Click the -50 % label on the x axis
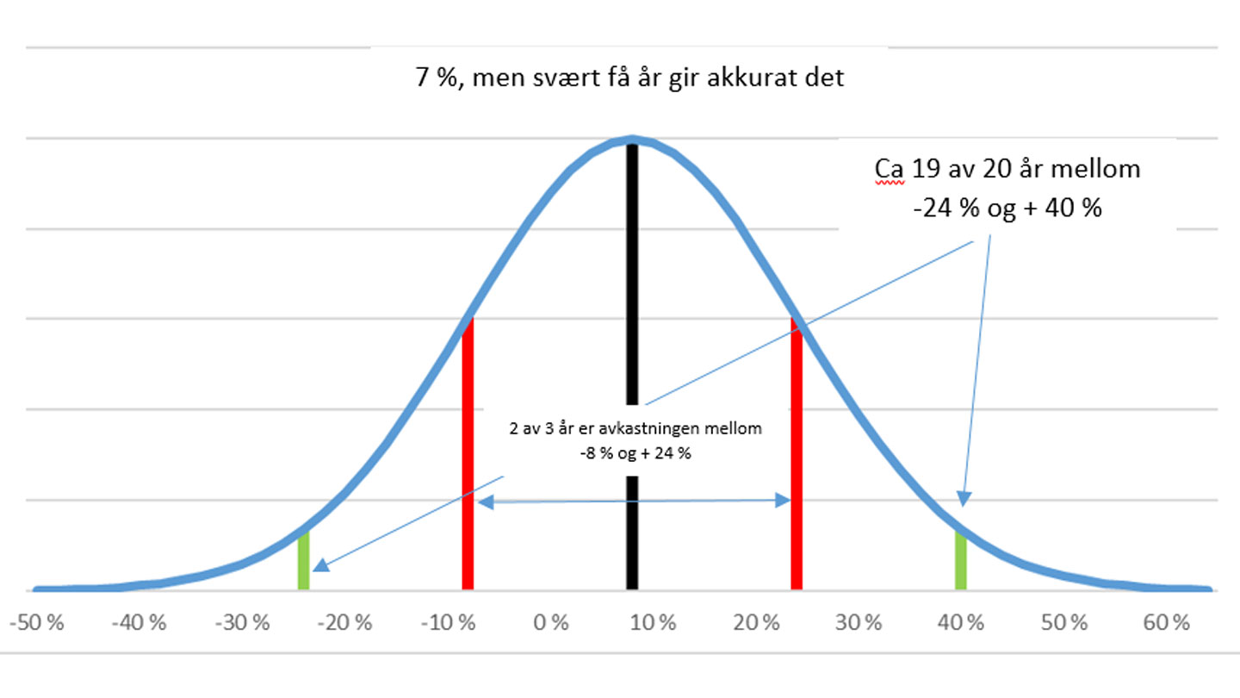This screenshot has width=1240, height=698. pos(37,623)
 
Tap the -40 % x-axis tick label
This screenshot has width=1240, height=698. pos(139,623)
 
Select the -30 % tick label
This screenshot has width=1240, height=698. pos(243,623)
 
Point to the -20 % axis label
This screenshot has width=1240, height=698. pos(345,623)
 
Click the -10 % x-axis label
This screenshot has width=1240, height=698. pos(448,623)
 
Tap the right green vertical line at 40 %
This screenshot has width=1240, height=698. pos(960,560)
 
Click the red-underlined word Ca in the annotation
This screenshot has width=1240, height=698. pos(889,169)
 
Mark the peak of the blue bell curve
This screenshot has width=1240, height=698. pos(632,139)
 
